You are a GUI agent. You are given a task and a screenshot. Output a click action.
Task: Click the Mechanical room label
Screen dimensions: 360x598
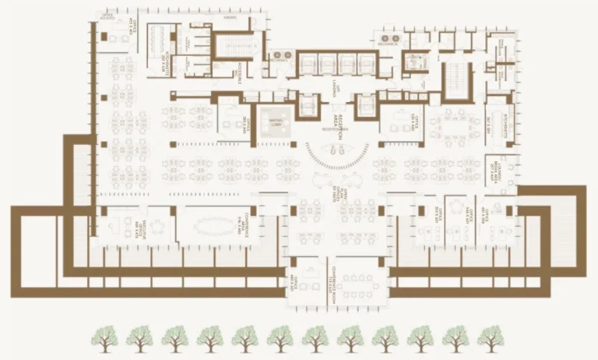tap(389, 44)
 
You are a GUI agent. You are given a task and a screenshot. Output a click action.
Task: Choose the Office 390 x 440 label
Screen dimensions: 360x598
tap(223, 122)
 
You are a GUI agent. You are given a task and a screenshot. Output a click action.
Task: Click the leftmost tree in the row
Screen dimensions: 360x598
tap(104, 338)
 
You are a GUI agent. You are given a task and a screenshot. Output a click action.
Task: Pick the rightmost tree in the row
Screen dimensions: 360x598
tap(491, 338)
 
